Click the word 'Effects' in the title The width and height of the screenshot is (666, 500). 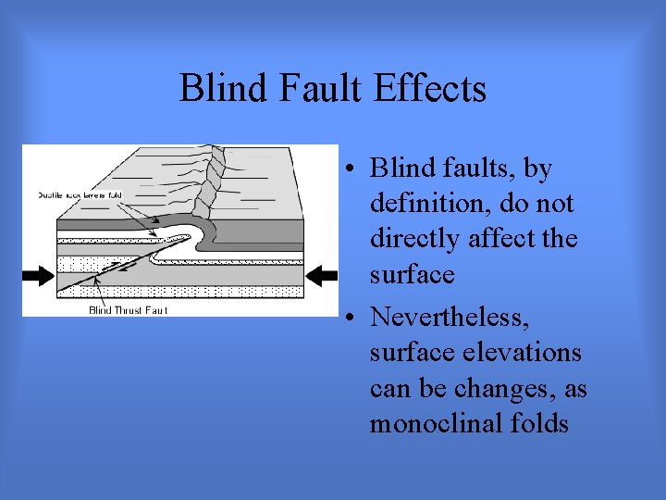430,89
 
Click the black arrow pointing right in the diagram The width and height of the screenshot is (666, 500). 40,274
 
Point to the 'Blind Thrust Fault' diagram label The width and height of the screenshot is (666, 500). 128,310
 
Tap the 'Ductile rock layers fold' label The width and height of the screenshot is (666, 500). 81,195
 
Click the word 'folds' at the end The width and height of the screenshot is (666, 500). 536,423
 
